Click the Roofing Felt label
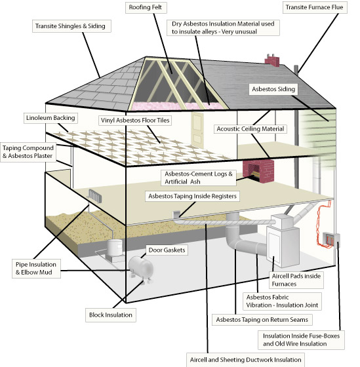tap(146, 7)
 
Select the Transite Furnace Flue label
tap(315, 7)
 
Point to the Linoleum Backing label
tap(50, 118)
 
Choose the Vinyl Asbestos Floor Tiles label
tap(135, 121)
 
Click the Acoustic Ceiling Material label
tap(250, 129)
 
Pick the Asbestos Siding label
tap(273, 89)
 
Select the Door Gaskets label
tap(167, 250)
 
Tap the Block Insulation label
tap(111, 315)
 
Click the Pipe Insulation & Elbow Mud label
tap(36, 269)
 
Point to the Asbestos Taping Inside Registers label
tap(192, 196)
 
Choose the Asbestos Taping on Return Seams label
tap(262, 320)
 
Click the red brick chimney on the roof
tap(272, 60)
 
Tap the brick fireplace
tap(258, 171)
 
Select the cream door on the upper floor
tap(197, 129)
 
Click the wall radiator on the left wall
tap(95, 196)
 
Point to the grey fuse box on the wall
tap(330, 241)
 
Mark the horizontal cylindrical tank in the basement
tap(141, 267)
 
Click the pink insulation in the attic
tap(177, 106)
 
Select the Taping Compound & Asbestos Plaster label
tap(28, 152)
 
